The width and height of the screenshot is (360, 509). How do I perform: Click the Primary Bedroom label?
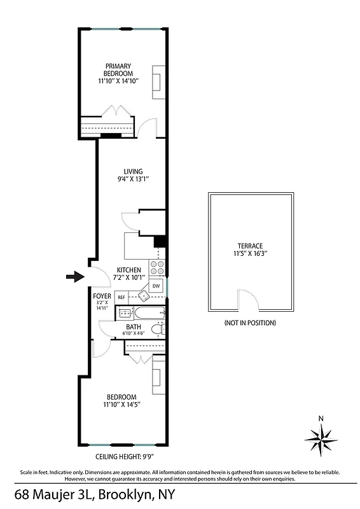(x=118, y=69)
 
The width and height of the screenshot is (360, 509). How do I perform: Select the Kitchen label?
(x=129, y=270)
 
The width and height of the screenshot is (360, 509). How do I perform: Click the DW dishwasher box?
(x=156, y=286)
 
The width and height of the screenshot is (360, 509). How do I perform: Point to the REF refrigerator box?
(x=121, y=297)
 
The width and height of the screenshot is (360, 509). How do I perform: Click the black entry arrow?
(x=75, y=276)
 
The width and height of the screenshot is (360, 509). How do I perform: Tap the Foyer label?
(x=102, y=296)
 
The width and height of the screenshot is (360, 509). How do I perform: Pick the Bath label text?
(x=134, y=327)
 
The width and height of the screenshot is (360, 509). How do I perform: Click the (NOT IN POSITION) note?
(x=250, y=323)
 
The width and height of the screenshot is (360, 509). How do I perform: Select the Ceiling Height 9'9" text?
(x=125, y=456)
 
